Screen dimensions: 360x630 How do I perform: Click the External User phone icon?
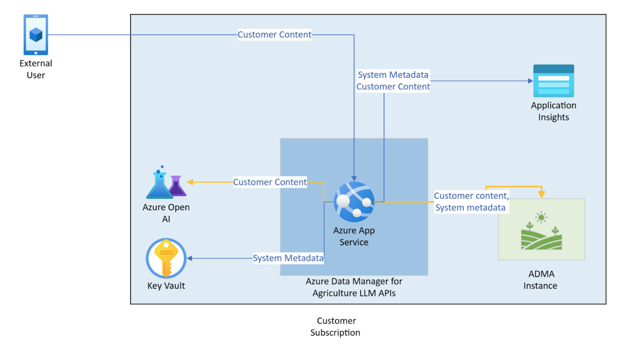click(36, 34)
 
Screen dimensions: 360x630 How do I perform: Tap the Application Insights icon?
click(553, 81)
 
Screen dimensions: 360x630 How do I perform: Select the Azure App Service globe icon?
click(354, 201)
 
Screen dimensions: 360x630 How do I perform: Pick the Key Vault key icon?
click(166, 258)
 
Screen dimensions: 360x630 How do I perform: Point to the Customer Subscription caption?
click(335, 326)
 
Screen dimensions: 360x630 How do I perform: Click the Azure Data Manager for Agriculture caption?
click(354, 287)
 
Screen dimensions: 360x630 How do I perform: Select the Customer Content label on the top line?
click(274, 34)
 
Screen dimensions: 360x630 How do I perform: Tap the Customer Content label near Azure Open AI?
click(270, 182)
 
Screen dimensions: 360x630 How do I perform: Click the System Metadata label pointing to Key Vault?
click(288, 258)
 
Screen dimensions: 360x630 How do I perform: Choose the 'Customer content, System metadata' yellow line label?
click(471, 201)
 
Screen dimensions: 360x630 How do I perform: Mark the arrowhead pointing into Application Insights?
click(530, 81)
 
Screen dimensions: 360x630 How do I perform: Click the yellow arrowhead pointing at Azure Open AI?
click(190, 182)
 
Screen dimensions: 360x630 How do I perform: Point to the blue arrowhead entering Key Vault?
click(189, 258)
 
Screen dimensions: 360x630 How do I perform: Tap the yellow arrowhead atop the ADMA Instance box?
click(541, 195)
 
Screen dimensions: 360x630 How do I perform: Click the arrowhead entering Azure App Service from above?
click(354, 178)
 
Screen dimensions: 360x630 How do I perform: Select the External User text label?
click(36, 69)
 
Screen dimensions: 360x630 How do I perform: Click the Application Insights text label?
click(553, 111)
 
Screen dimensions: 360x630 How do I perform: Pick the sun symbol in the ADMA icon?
click(541, 218)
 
